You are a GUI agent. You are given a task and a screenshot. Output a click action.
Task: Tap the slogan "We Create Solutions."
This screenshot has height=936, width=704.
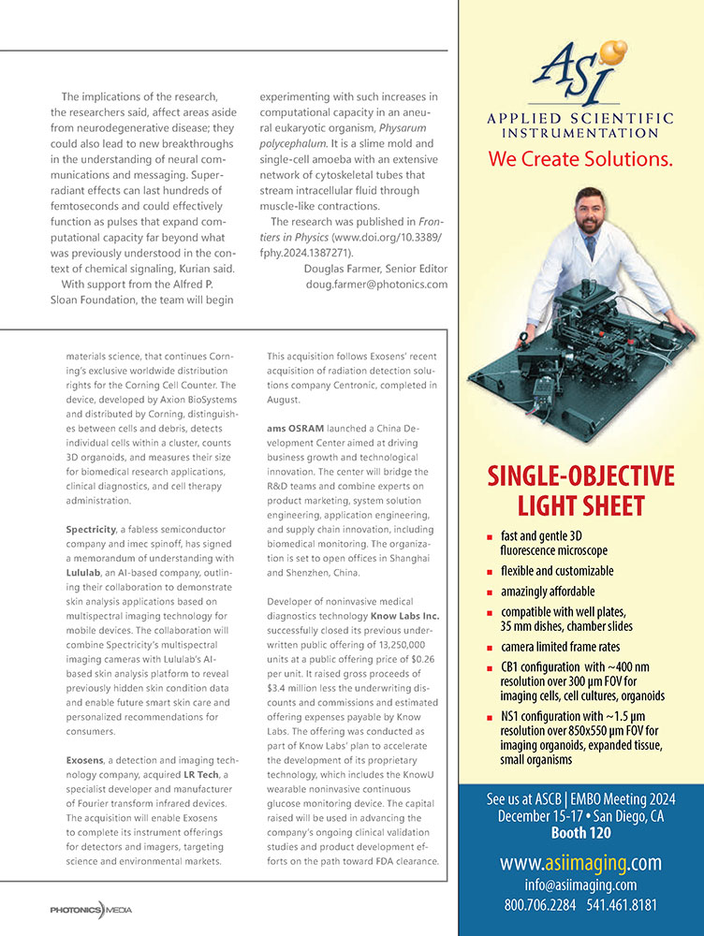tap(580, 159)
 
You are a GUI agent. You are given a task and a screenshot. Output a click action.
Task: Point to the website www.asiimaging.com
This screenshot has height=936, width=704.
tap(580, 862)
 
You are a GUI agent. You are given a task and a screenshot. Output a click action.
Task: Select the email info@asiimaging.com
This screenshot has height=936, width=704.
tap(580, 885)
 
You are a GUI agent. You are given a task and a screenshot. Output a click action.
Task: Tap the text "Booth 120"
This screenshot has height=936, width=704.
tap(580, 831)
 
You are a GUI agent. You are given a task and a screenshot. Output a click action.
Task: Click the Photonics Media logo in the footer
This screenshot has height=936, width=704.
tap(92, 909)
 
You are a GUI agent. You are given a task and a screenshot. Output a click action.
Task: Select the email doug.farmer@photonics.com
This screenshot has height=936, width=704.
tap(376, 284)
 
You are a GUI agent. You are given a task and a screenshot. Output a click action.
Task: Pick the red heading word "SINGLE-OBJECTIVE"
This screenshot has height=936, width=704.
tap(580, 475)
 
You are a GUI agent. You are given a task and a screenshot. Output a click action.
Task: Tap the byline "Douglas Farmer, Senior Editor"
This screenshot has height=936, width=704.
tap(376, 269)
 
